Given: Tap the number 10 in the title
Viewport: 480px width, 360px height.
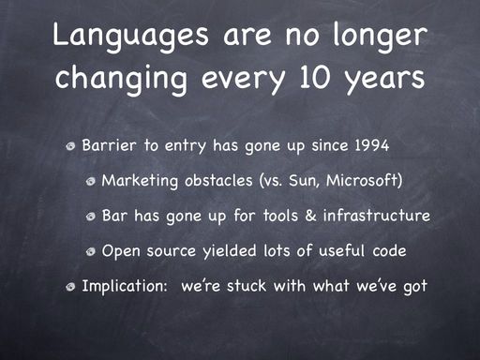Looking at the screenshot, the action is click(x=314, y=77).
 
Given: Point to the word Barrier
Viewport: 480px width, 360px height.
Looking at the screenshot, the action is click(x=110, y=145).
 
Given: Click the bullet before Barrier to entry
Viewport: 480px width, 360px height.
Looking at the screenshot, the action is click(x=71, y=146).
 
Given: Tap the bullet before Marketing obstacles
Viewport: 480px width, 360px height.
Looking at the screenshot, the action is click(x=91, y=181).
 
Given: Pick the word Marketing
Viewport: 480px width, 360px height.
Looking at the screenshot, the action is click(x=140, y=182).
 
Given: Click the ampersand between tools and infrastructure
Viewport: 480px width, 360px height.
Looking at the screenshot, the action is click(x=310, y=216).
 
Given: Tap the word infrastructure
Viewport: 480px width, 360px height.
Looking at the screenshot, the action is click(x=377, y=216).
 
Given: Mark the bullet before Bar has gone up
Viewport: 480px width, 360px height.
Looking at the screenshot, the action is click(x=91, y=217).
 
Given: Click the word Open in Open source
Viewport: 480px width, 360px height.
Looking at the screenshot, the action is click(x=121, y=251).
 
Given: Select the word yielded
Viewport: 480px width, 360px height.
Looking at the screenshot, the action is click(x=230, y=251).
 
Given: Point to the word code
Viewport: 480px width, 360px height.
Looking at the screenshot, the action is click(x=389, y=250).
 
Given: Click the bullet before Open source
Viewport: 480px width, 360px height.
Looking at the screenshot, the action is click(x=91, y=251).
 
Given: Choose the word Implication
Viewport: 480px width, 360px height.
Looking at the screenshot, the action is click(x=125, y=286).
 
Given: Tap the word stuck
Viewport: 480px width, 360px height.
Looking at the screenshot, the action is click(x=247, y=286).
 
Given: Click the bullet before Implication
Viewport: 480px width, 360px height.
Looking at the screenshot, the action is click(x=71, y=287).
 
